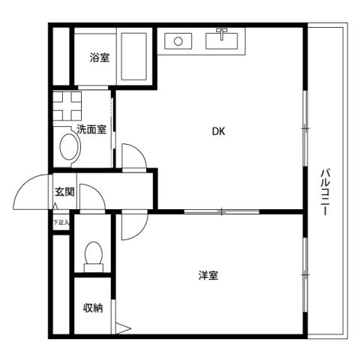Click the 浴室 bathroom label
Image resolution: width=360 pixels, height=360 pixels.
pyautogui.click(x=99, y=58)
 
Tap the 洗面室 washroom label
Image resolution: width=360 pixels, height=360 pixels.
pyautogui.click(x=91, y=128)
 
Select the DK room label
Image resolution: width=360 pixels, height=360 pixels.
pyautogui.click(x=218, y=132)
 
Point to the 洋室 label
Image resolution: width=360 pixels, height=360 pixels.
pyautogui.click(x=208, y=276)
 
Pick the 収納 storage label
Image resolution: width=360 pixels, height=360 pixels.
pyautogui.click(x=92, y=307)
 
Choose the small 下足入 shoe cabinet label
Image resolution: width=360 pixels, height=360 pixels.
pyautogui.click(x=61, y=223)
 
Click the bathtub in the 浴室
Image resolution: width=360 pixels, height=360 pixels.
pyautogui.click(x=135, y=58)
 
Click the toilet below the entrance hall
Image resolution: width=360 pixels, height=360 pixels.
pyautogui.click(x=94, y=255)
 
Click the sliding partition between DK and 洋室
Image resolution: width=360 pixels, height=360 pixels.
pyautogui.click(x=221, y=212)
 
